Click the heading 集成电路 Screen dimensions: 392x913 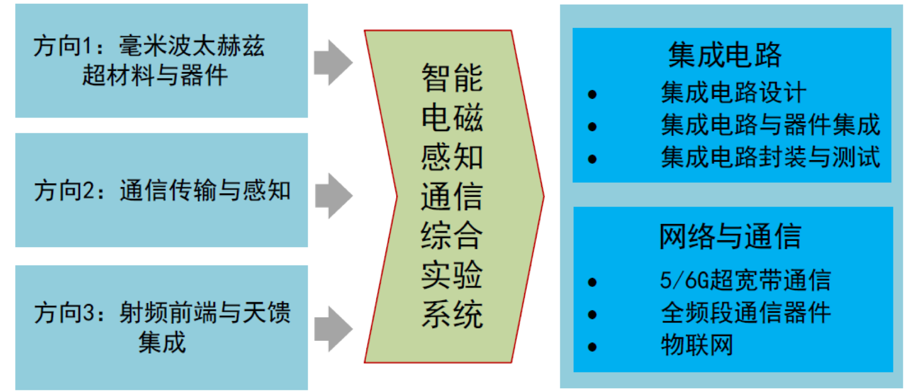click(x=725, y=55)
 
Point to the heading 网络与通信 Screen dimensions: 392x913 click(x=730, y=236)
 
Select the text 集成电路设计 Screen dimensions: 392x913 click(x=734, y=93)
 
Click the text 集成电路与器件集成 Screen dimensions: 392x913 click(x=771, y=125)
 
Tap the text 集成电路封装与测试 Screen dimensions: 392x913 click(x=771, y=158)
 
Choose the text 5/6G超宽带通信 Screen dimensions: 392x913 click(x=745, y=280)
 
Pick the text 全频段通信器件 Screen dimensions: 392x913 click(x=746, y=313)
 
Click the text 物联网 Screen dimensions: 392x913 click(x=697, y=346)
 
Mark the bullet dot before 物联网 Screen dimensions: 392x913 click(x=592, y=347)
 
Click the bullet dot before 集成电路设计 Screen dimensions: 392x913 click(x=592, y=95)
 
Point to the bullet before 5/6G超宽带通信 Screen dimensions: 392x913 click(x=592, y=282)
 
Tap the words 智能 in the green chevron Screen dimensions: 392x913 click(x=452, y=78)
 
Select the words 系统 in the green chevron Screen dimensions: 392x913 click(x=452, y=315)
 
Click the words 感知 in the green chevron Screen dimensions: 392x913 click(x=452, y=157)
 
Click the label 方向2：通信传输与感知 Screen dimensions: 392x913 click(x=162, y=191)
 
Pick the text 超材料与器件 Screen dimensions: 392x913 click(x=155, y=75)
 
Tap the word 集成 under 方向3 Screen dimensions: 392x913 click(x=162, y=342)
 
